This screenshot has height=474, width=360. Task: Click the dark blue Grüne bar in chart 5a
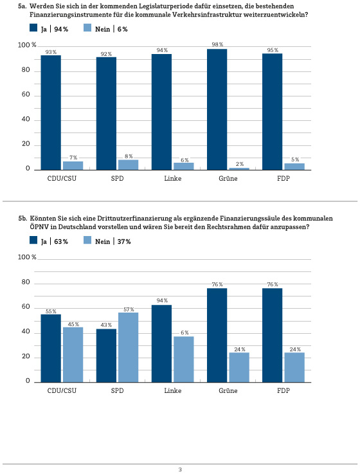217,109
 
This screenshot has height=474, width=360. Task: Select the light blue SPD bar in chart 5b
128,347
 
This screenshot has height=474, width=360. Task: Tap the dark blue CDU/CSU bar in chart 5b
51,348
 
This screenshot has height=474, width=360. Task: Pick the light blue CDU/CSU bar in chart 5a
73,166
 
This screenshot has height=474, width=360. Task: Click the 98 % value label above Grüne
217,44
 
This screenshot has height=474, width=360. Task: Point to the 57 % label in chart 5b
129,309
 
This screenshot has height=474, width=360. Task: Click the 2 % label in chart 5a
240,164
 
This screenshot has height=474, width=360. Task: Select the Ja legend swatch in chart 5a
33,28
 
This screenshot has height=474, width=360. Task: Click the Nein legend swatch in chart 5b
87,240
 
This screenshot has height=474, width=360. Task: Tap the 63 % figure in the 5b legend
61,242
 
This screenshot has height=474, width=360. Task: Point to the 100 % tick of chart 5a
27,45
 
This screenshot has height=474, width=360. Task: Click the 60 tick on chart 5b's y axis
26,307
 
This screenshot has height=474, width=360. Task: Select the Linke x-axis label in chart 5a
172,178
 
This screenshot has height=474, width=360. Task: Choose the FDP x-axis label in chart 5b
283,390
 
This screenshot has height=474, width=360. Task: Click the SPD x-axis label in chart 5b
117,390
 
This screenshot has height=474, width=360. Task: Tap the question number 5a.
22,6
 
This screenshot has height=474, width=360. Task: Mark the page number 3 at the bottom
180,469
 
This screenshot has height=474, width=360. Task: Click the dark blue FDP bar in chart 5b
272,335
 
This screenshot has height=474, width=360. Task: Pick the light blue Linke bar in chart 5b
183,359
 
